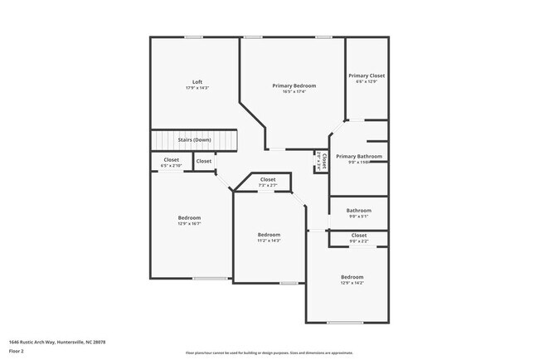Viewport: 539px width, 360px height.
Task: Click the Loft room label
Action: (x=197, y=81)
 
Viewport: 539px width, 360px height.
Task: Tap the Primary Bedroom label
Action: (x=294, y=85)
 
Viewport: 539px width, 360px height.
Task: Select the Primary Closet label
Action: (x=367, y=75)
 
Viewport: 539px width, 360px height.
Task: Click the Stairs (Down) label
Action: (x=194, y=139)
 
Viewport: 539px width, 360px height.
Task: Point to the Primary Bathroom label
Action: (x=359, y=156)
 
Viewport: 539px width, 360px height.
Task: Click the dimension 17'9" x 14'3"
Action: (x=197, y=88)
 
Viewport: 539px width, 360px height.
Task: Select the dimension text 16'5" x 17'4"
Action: (x=294, y=92)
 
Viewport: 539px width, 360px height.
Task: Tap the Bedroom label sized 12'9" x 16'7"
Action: (x=190, y=217)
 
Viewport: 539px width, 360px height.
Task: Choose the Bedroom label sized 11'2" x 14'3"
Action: (x=269, y=234)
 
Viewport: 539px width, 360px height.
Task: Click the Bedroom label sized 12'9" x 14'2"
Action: (x=352, y=276)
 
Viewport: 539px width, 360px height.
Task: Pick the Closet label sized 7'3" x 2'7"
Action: (x=268, y=179)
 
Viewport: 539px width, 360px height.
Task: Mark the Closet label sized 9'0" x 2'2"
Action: (x=359, y=235)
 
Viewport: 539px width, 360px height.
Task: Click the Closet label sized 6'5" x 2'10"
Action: (x=171, y=159)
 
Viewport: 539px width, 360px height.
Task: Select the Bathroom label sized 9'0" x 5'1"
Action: (x=359, y=210)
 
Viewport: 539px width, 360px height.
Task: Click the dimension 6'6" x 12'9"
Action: (x=367, y=82)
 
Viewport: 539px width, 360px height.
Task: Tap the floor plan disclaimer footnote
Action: (x=269, y=353)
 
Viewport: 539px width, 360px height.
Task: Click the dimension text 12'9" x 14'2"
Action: (x=352, y=283)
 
